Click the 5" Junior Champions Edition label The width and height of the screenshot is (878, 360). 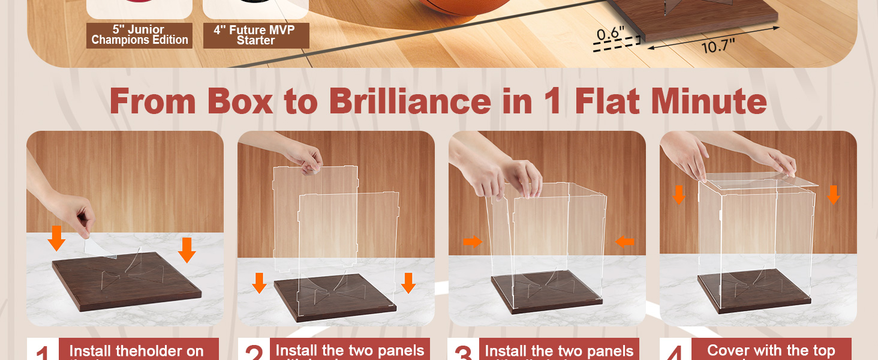(x=140, y=35)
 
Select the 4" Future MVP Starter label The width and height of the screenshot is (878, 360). (x=256, y=35)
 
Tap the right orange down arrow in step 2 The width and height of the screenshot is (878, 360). (x=408, y=283)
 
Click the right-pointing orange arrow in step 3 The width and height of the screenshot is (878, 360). (x=473, y=242)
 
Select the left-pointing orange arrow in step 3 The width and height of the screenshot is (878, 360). (x=625, y=242)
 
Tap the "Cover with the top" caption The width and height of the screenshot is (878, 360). (x=771, y=350)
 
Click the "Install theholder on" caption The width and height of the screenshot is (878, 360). (x=136, y=351)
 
